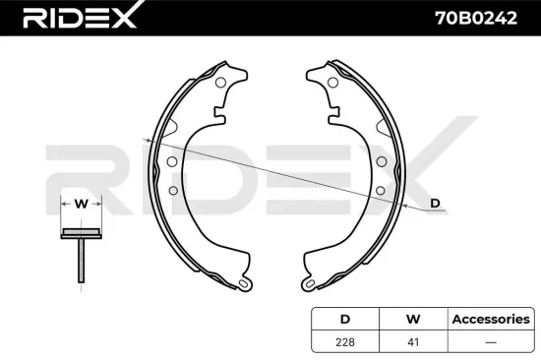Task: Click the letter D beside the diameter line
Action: pyautogui.click(x=435, y=204)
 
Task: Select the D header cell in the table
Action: pyautogui.click(x=344, y=320)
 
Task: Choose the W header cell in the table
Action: pyautogui.click(x=414, y=320)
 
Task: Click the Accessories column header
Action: pyautogui.click(x=490, y=320)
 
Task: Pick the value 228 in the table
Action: pyautogui.click(x=344, y=341)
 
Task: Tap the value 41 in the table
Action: pyautogui.click(x=414, y=341)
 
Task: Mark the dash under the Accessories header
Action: pyautogui.click(x=490, y=341)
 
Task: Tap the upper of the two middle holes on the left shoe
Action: pyautogui.click(x=172, y=161)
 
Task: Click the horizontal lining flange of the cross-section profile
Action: pyautogui.click(x=81, y=233)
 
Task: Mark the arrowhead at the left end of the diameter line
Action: pyautogui.click(x=147, y=141)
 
